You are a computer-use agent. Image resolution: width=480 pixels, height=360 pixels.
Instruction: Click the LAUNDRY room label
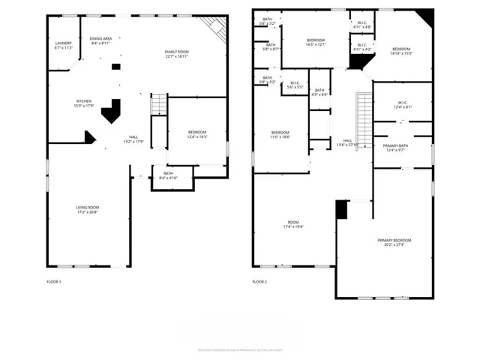(63, 43)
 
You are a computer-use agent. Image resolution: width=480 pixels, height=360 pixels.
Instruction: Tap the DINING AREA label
(100, 38)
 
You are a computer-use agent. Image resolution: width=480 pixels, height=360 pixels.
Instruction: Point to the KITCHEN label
(84, 101)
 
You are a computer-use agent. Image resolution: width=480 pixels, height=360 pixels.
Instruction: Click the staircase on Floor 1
(159, 104)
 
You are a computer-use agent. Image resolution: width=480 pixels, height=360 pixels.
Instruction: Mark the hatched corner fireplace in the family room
(217, 28)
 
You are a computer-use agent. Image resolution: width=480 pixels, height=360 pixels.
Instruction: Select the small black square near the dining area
(115, 67)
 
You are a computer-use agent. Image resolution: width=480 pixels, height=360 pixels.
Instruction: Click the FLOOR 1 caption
(54, 281)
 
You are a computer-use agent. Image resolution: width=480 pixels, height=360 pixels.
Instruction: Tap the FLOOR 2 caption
(259, 281)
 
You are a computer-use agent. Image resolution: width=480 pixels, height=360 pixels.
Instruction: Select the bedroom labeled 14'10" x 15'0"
(400, 49)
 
